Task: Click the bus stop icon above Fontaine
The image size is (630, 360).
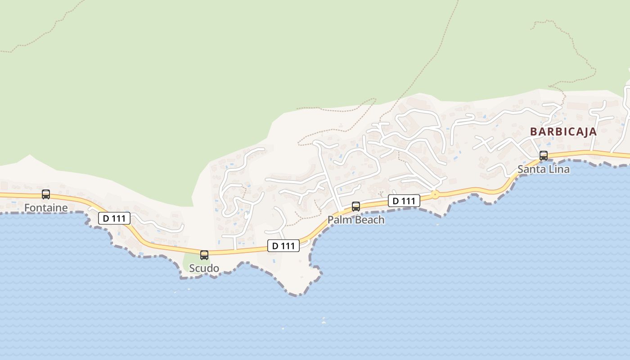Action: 46,194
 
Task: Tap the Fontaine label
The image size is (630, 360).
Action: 46,208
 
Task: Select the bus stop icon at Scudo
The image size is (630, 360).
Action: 204,255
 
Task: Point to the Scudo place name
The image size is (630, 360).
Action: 204,269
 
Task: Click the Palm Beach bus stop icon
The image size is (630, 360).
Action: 356,207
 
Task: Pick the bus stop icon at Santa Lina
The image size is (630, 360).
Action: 544,156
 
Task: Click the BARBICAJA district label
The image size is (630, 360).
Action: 563,132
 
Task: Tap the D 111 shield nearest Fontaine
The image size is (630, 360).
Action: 114,219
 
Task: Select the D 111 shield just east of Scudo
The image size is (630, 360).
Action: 283,246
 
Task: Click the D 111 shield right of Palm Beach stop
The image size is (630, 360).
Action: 404,201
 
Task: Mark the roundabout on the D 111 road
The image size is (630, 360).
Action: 435,195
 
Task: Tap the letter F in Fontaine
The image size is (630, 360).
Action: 27,208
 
